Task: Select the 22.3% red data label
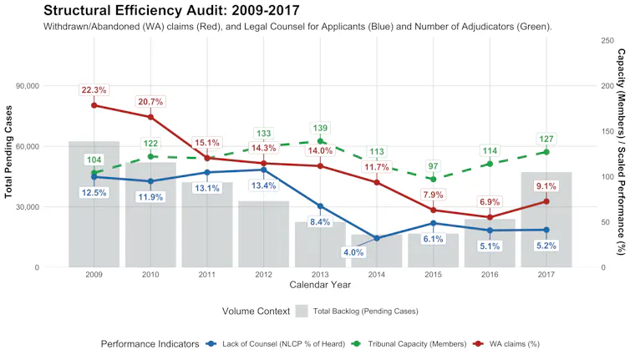[x=94, y=90]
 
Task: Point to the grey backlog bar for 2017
[x=546, y=221]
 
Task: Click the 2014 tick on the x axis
[x=376, y=275]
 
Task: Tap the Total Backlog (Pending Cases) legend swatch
[x=302, y=312]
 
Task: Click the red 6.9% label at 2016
[x=489, y=202]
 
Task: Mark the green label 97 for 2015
[x=432, y=165]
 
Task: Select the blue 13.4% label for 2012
[x=263, y=185]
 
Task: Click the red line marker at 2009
[x=94, y=105]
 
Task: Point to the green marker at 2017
[x=546, y=152]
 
